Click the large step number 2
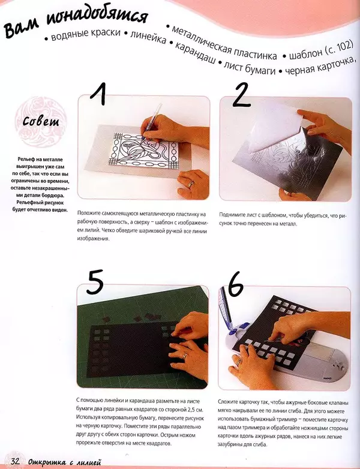click(241, 95)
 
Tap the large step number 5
click(95, 282)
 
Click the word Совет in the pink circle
click(41, 121)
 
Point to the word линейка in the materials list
click(148, 37)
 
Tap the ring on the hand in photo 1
click(191, 184)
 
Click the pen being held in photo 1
click(151, 122)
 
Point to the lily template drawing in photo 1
click(143, 152)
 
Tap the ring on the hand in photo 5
click(185, 355)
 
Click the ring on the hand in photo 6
click(238, 361)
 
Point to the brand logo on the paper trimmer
click(328, 378)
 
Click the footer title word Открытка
click(47, 462)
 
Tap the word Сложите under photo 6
click(229, 402)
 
